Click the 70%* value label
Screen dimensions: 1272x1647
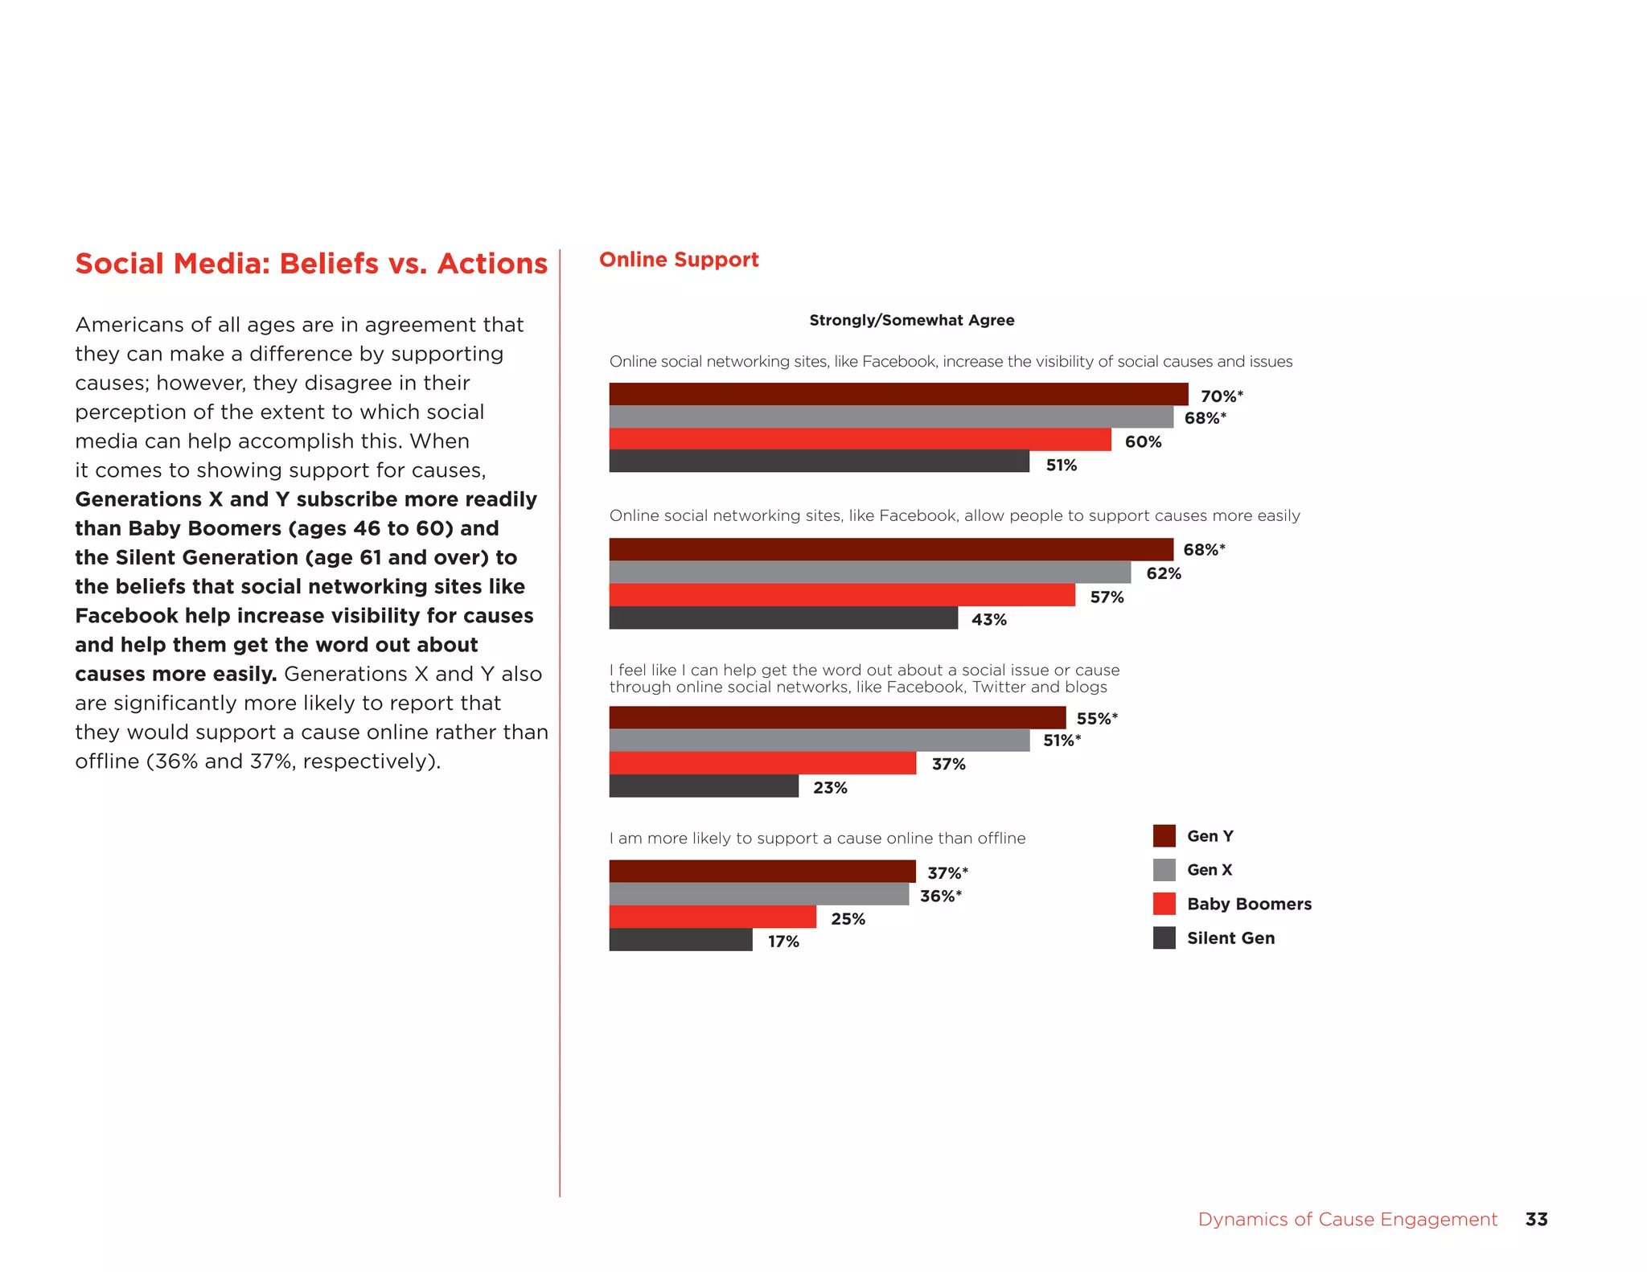pos(1221,396)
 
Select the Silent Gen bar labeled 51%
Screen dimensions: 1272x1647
pos(819,462)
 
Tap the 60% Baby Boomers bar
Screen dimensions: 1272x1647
pos(860,440)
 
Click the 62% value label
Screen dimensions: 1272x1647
pos(1163,573)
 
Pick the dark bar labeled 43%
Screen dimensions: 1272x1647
pos(783,618)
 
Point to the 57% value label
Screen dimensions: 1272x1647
pos(1107,597)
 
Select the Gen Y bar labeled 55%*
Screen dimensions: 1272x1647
pos(837,718)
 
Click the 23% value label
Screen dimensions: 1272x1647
pos(830,788)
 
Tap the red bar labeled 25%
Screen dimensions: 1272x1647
pos(713,917)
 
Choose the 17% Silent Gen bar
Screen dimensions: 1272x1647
pos(680,940)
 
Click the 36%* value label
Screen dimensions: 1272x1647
pos(940,896)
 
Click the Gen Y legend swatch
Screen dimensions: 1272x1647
pos(1164,836)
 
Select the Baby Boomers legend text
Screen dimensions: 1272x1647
pos(1249,905)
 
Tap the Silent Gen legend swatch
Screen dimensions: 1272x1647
pos(1164,938)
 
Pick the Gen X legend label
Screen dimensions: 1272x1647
pos(1209,870)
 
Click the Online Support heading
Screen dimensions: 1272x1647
pos(679,260)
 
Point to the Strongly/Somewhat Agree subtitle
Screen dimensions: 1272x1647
pos(911,320)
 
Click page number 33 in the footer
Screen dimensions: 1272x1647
pos(1536,1220)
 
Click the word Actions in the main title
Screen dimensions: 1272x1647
pos(492,264)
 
